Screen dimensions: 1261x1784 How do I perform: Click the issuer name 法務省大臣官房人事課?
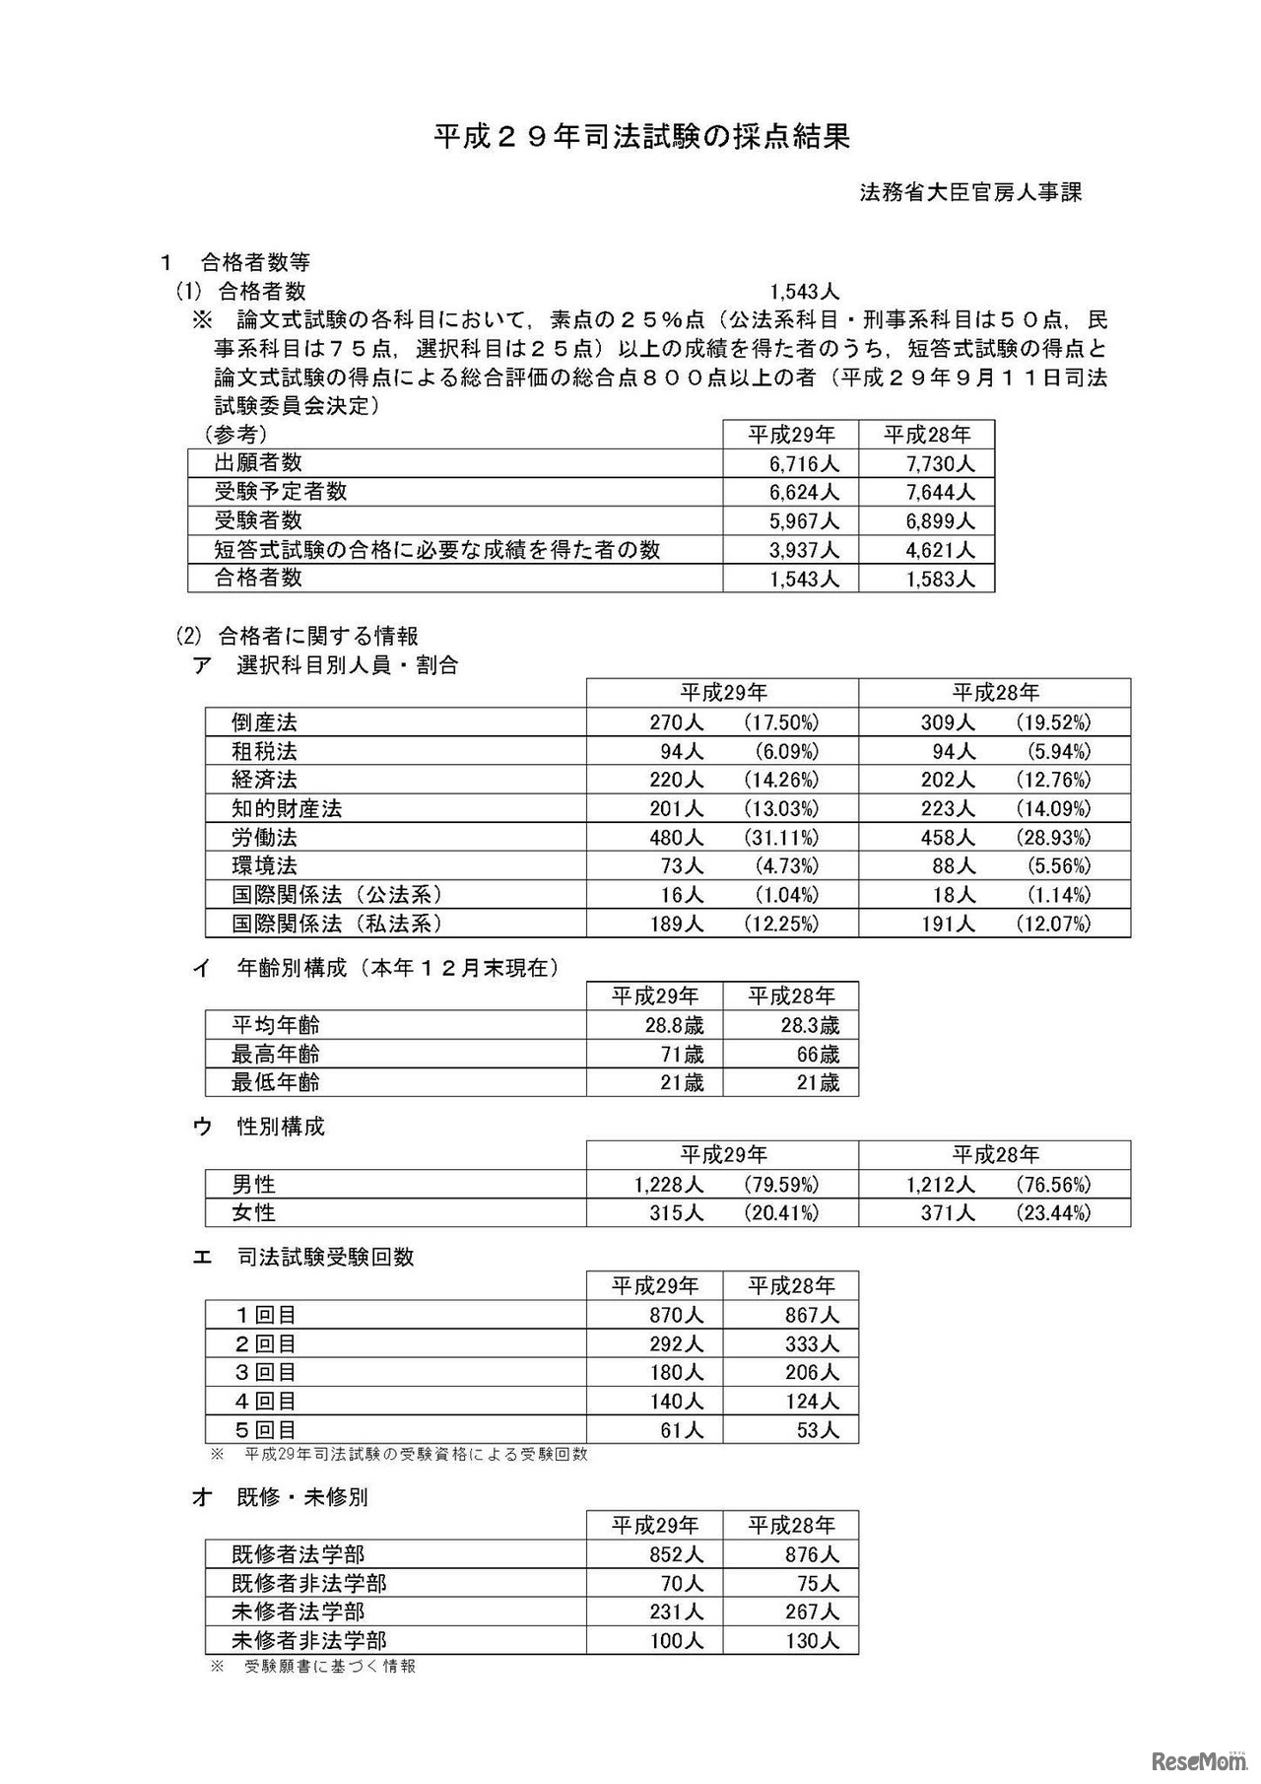pyautogui.click(x=970, y=193)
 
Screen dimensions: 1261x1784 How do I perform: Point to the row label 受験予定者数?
pyautogui.click(x=281, y=492)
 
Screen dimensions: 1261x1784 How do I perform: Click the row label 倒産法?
pyautogui.click(x=264, y=722)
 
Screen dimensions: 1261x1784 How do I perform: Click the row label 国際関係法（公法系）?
pyautogui.click(x=337, y=895)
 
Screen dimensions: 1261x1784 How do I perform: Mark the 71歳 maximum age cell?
pyautogui.click(x=682, y=1054)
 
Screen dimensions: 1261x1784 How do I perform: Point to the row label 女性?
pyautogui.click(x=253, y=1213)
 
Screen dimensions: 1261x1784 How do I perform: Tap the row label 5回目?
pyautogui.click(x=264, y=1429)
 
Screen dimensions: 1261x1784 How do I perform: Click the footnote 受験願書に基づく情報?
pyautogui.click(x=329, y=1666)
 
